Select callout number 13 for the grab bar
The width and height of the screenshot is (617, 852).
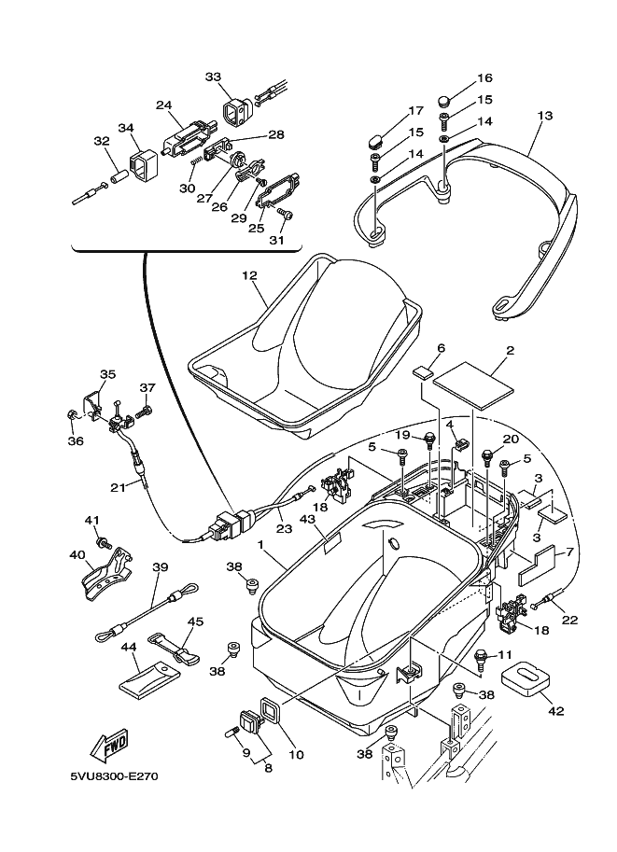click(x=545, y=116)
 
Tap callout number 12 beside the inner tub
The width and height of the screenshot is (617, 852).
click(x=249, y=276)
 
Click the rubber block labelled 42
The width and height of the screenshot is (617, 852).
click(x=526, y=678)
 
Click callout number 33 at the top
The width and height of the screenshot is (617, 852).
click(x=213, y=77)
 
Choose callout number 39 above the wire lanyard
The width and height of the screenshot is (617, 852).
click(x=160, y=566)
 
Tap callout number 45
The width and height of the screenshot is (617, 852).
click(x=195, y=622)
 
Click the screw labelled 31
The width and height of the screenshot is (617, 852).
click(x=287, y=216)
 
